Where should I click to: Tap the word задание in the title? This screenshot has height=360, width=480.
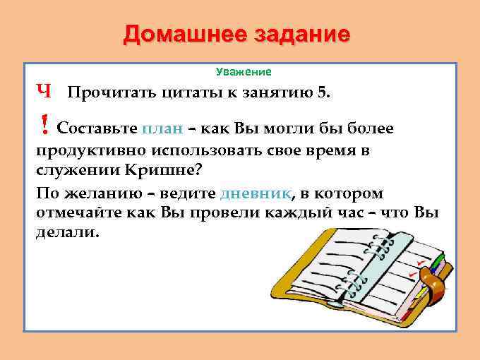tap(296, 35)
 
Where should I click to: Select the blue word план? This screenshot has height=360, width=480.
tap(162, 130)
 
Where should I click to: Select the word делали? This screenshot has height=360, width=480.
tap(68, 233)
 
